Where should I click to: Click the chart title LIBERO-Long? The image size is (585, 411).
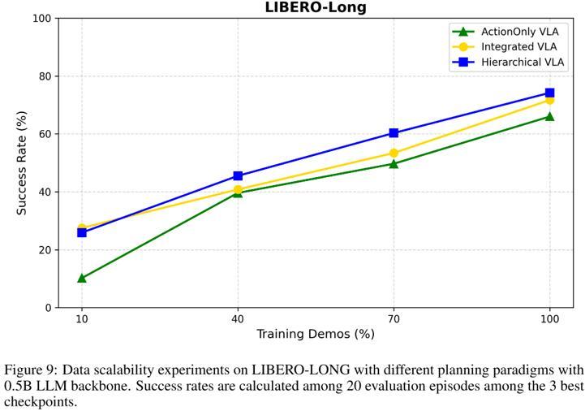click(x=316, y=8)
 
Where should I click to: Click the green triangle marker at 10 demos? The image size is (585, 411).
click(x=82, y=278)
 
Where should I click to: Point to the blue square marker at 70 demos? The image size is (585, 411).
click(x=394, y=132)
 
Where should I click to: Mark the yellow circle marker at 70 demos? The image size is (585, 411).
click(x=394, y=153)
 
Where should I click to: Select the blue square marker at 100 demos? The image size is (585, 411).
click(x=549, y=93)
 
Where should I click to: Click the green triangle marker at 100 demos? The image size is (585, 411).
click(x=549, y=116)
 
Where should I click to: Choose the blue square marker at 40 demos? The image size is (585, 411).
click(x=238, y=175)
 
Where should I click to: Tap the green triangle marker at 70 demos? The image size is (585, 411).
click(x=394, y=163)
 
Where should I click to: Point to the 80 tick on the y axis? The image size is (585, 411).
click(x=44, y=76)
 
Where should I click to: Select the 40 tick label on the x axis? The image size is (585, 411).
click(x=238, y=318)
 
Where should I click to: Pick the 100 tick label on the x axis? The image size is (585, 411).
click(x=549, y=318)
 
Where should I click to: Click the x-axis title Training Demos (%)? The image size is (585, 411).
click(x=316, y=334)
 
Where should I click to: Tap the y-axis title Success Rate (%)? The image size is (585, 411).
click(x=22, y=162)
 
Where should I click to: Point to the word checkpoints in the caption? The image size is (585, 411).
click(x=41, y=401)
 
